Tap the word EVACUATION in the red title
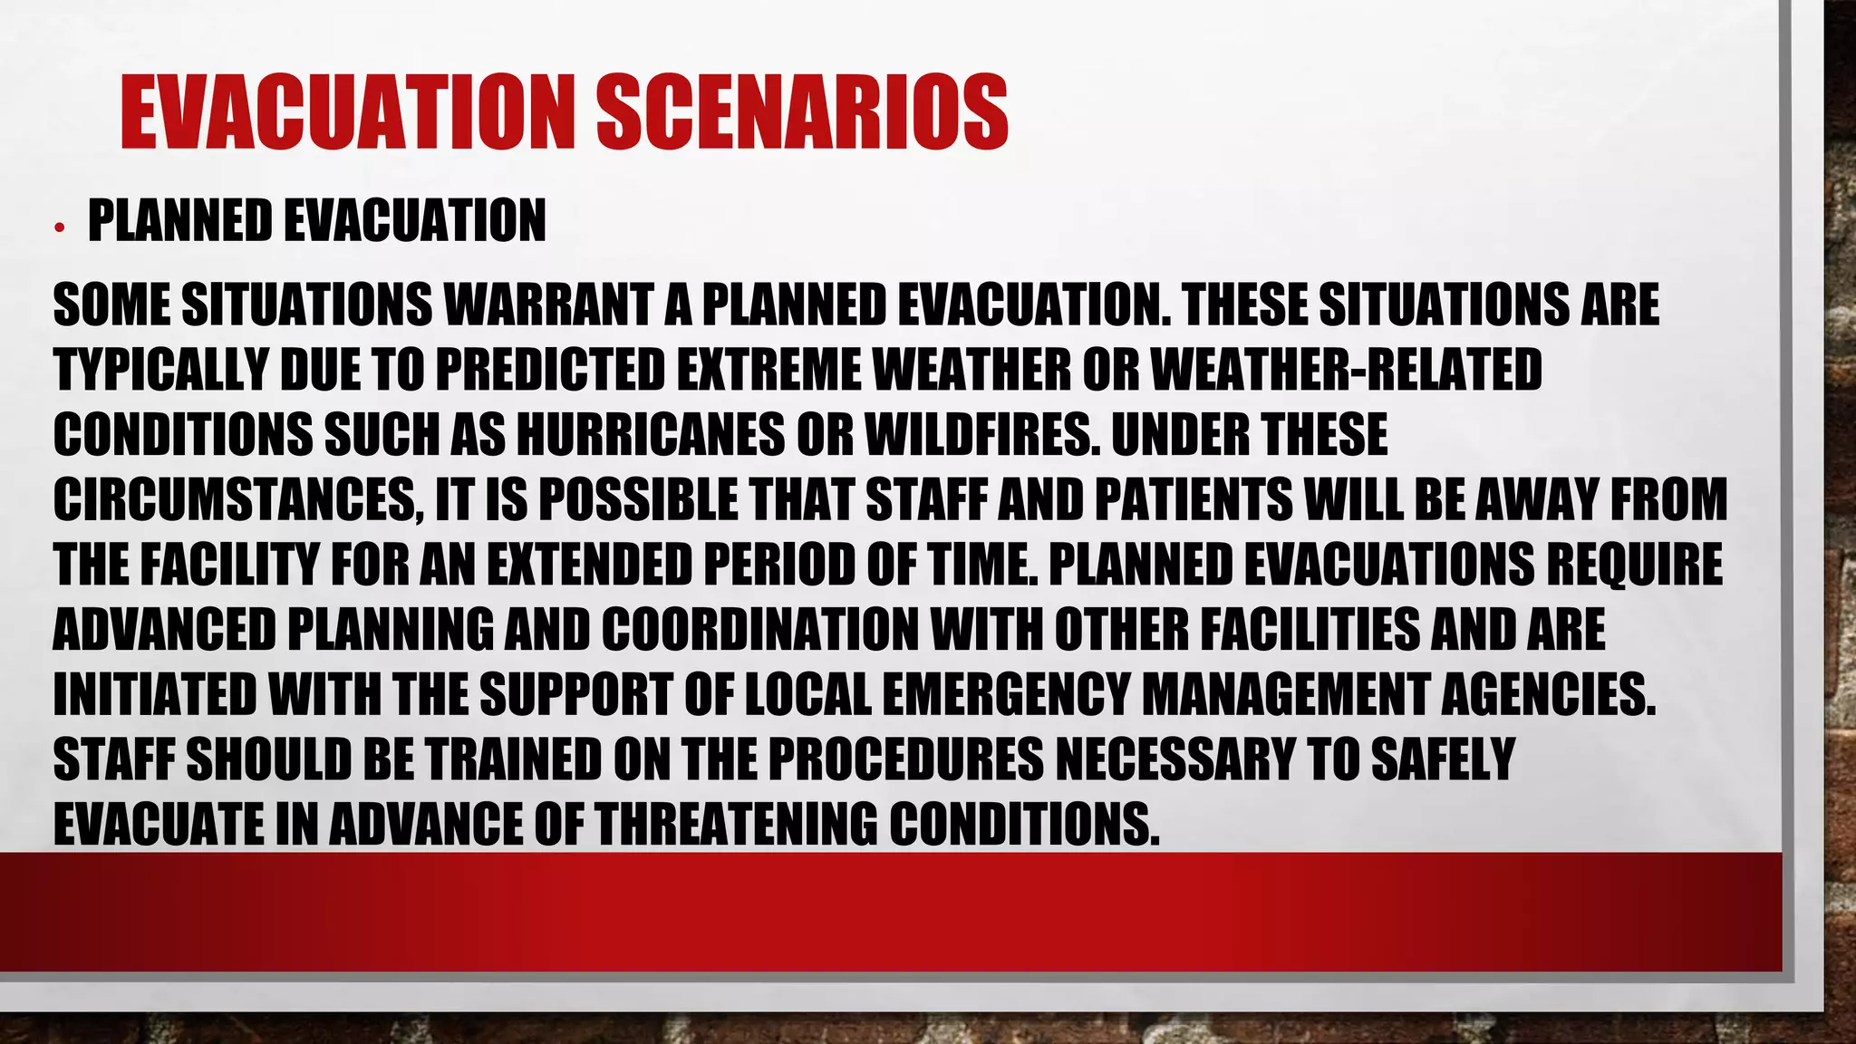coord(347,112)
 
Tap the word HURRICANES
coord(651,435)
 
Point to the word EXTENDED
coord(589,565)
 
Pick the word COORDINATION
coord(759,630)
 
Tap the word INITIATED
coord(154,695)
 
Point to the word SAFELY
coord(1442,759)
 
